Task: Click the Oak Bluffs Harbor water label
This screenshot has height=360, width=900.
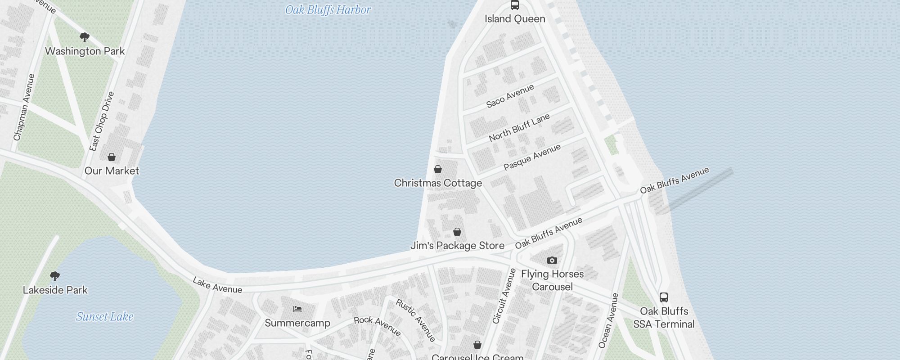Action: click(x=328, y=10)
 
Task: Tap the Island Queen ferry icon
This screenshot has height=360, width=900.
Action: click(x=515, y=5)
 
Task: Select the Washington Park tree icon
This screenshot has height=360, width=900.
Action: click(x=84, y=37)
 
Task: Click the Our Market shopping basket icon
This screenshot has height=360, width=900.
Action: click(x=112, y=157)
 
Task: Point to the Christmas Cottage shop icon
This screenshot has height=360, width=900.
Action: click(x=437, y=169)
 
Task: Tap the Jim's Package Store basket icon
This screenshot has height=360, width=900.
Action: click(x=457, y=232)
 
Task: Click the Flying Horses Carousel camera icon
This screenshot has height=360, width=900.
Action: click(x=552, y=260)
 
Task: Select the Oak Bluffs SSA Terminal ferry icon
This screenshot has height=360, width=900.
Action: click(x=664, y=297)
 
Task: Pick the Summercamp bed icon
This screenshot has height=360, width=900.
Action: click(x=297, y=309)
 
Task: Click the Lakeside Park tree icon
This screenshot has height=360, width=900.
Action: click(x=55, y=276)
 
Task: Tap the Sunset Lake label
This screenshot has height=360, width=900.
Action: click(x=105, y=317)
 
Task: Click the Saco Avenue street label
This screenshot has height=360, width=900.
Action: click(x=510, y=96)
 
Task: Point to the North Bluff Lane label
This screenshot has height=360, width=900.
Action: click(x=519, y=127)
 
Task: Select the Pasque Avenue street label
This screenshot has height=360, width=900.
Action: click(x=532, y=157)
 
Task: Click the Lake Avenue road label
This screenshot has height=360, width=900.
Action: click(x=217, y=285)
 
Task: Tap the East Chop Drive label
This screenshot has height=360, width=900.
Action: click(x=102, y=121)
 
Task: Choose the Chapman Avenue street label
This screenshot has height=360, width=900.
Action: click(x=24, y=107)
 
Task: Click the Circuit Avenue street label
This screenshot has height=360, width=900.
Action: click(x=504, y=296)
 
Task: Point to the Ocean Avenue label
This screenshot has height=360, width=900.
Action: click(x=609, y=320)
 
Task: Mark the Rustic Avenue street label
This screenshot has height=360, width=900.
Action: click(x=415, y=320)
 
